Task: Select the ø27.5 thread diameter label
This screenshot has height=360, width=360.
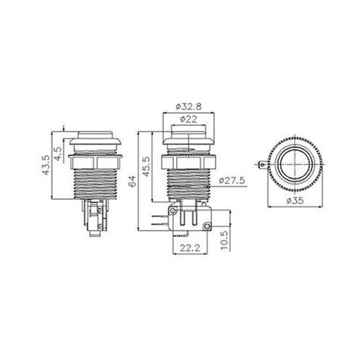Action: [x=231, y=181]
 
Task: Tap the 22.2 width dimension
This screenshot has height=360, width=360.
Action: [x=188, y=247]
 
